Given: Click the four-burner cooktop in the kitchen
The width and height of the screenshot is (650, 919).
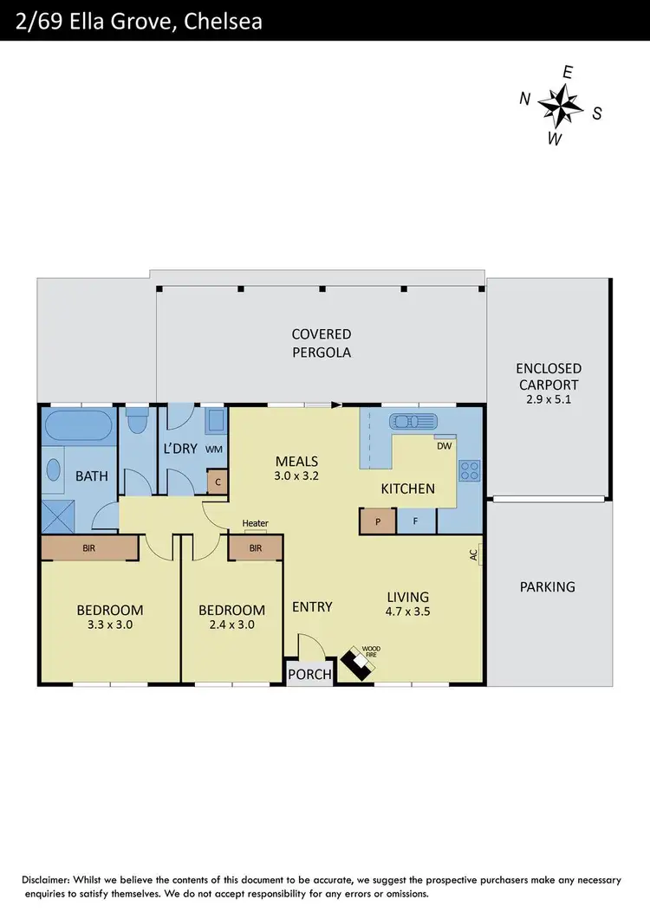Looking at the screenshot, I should click(469, 471).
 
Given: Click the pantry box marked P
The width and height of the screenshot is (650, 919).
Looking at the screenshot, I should click(378, 521).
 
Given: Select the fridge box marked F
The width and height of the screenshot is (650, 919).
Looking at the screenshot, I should click(416, 521).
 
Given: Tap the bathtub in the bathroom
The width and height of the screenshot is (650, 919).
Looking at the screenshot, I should click(77, 426).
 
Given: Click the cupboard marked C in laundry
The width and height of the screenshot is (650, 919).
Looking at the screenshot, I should click(218, 482).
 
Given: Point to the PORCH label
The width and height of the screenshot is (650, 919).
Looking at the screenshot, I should click(310, 675).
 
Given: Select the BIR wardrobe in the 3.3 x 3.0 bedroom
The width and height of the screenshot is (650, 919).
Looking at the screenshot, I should click(89, 548).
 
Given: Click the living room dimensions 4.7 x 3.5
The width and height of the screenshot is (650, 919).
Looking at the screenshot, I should click(408, 611).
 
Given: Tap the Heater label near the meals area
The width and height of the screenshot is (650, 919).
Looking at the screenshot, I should click(255, 523).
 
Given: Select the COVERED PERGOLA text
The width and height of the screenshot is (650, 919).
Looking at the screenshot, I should click(321, 343).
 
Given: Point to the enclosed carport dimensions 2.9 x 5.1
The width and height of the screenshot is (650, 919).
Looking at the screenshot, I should click(548, 399).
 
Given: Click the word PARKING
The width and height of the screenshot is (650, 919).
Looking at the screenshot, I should click(547, 586).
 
